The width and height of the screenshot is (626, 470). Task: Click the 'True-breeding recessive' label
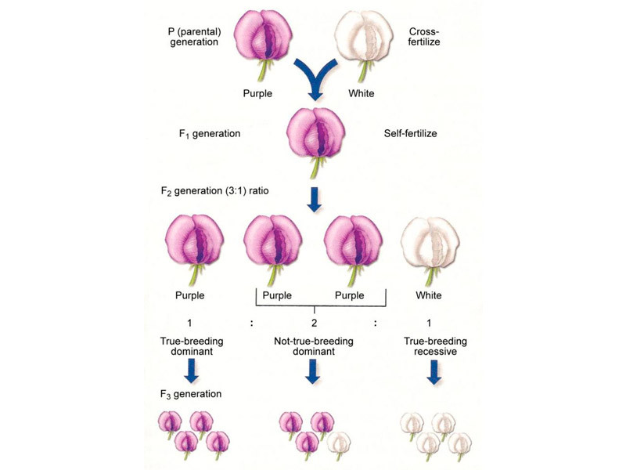[x=429, y=346]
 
